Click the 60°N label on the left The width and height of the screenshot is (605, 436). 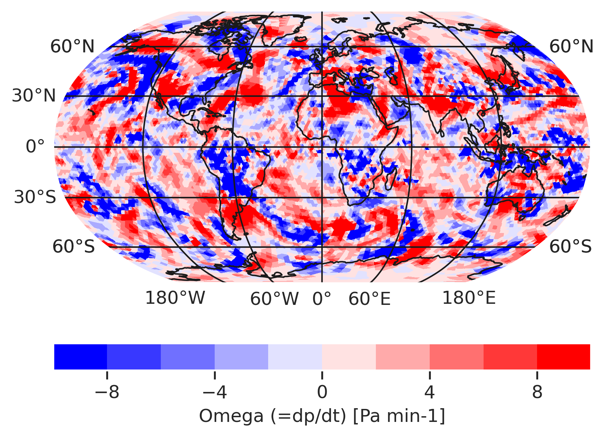(72, 47)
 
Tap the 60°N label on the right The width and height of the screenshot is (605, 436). (571, 47)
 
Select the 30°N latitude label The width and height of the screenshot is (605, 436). (34, 96)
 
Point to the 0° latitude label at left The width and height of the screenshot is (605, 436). (35, 147)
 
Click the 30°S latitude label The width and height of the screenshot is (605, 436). (35, 197)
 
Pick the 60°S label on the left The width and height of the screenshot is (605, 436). (73, 247)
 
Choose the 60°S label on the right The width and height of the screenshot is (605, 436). (570, 247)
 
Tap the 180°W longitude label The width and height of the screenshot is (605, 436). (175, 298)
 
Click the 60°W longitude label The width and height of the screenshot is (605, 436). (274, 299)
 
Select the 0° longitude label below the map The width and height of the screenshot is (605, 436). (322, 299)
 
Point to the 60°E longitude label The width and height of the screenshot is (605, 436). (369, 299)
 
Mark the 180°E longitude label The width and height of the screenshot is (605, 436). (469, 298)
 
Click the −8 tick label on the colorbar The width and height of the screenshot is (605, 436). (107, 392)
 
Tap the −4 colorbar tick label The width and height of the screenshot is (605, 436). (214, 392)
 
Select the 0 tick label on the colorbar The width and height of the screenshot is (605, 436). (322, 392)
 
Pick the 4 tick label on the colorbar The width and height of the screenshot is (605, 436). (429, 392)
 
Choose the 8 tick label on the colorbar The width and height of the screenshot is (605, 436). (537, 392)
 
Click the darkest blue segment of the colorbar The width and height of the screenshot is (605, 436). (81, 357)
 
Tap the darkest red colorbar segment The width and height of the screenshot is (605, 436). (563, 357)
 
